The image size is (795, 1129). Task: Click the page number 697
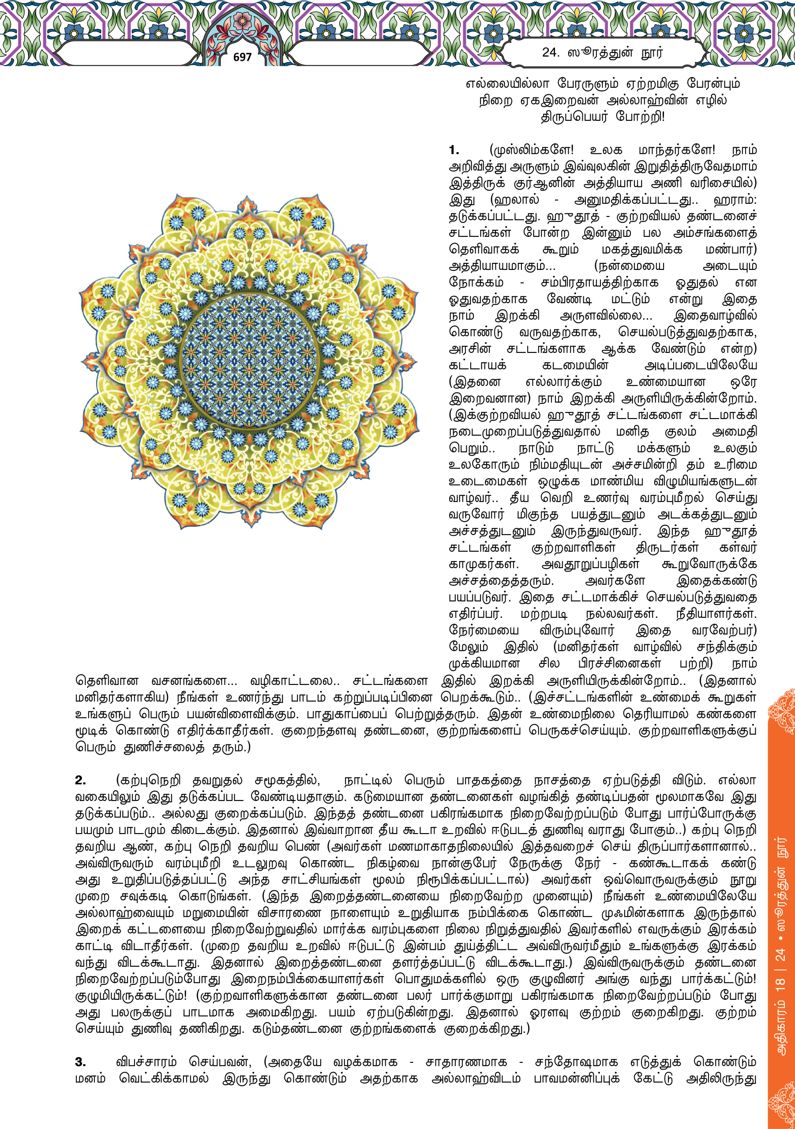pyautogui.click(x=242, y=57)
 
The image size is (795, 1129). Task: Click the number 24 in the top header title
pyautogui.click(x=550, y=52)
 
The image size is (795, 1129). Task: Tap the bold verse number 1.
pyautogui.click(x=454, y=150)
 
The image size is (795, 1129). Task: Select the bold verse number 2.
pyautogui.click(x=80, y=780)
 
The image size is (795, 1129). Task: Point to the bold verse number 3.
pyautogui.click(x=80, y=1062)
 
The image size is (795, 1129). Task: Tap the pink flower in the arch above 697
pyautogui.click(x=242, y=20)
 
